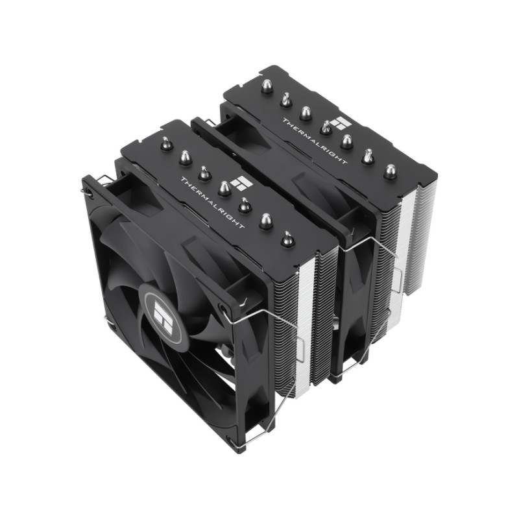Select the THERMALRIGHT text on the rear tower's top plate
coord(315,141)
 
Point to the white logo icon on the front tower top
coord(241,181)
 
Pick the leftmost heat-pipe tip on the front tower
coord(165,143)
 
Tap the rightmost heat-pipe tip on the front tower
coord(287,239)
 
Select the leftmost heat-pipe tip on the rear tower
coord(267,88)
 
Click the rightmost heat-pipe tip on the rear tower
coord(391,172)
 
